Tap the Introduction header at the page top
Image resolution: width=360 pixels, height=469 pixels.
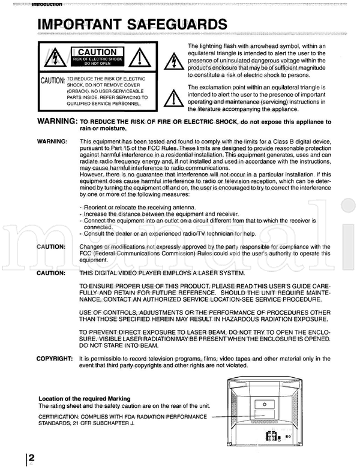pyautogui.click(x=44, y=5)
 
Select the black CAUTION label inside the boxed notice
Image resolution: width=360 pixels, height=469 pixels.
pyautogui.click(x=97, y=53)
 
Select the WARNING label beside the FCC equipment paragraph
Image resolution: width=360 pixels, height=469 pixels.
pyautogui.click(x=53, y=142)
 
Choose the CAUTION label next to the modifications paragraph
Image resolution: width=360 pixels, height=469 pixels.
pyautogui.click(x=51, y=246)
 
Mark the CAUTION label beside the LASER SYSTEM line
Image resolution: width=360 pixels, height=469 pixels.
pyautogui.click(x=51, y=273)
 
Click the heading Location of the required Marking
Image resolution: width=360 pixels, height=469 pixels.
pyautogui.click(x=85, y=398)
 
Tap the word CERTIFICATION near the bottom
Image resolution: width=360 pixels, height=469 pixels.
pyautogui.click(x=61, y=416)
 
